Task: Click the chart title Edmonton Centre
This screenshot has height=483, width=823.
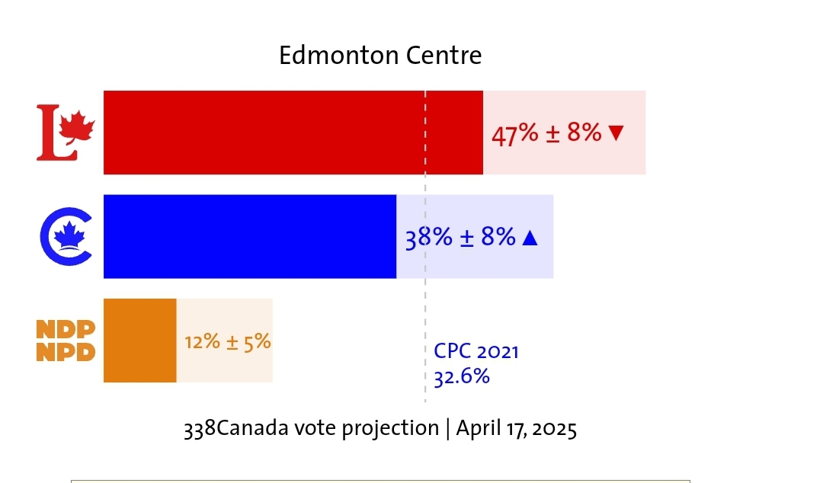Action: [380, 56]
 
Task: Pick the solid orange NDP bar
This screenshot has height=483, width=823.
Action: [139, 341]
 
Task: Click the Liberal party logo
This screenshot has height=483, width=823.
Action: [66, 133]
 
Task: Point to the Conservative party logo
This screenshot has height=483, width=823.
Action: [66, 237]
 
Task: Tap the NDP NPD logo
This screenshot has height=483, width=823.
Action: [66, 341]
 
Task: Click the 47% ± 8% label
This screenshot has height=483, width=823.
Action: [546, 133]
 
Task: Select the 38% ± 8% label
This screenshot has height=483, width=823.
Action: [460, 238]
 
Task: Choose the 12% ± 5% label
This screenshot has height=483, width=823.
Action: [227, 341]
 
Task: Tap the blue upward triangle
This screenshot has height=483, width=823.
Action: [530, 238]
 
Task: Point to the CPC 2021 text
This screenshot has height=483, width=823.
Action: [476, 351]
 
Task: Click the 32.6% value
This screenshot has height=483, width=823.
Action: [462, 376]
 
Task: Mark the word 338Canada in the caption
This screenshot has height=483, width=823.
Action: [235, 428]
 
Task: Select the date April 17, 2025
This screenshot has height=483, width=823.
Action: [516, 428]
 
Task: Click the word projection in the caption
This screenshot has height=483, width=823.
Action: [389, 429]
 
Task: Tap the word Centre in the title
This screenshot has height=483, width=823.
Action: [444, 56]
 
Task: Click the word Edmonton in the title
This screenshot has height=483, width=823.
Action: [338, 56]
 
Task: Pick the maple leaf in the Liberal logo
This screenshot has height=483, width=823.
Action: [77, 127]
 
